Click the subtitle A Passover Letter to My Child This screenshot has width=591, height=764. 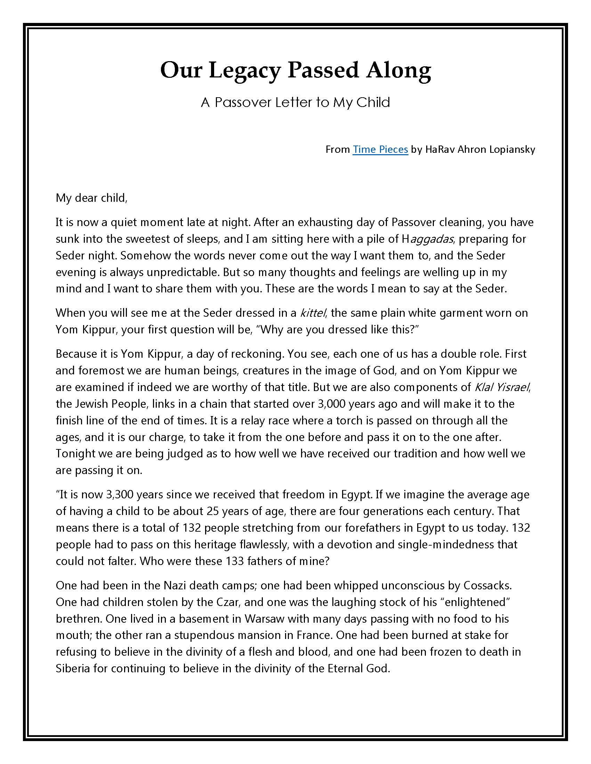pos(295,102)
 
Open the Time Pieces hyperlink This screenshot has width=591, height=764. pos(380,149)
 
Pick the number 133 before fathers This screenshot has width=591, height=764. pos(235,561)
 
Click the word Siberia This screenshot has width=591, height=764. pos(73,668)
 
